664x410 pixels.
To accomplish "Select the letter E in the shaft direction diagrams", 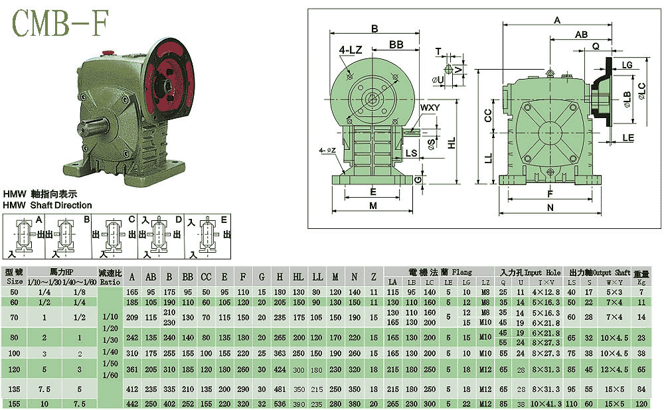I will point(224,220).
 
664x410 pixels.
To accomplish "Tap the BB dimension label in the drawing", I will point(397,44).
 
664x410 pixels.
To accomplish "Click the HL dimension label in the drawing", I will point(452,143).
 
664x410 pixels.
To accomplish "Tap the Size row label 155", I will point(13,403).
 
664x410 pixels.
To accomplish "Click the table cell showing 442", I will point(133,403).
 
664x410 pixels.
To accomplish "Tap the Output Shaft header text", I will point(613,272).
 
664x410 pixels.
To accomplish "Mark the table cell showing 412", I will point(133,388).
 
